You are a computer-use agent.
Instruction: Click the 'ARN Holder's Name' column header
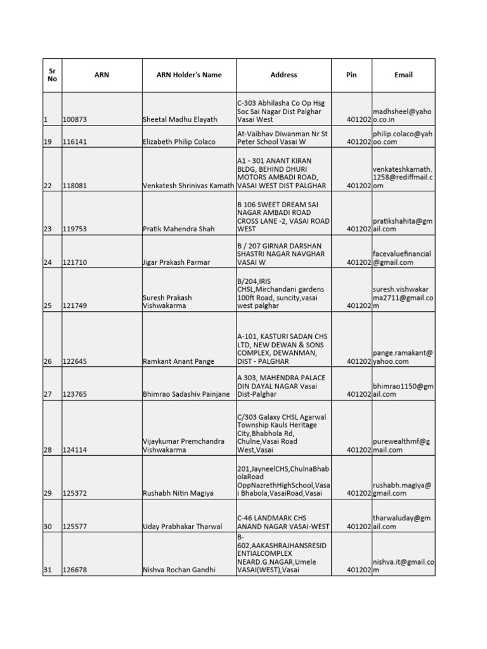(189, 75)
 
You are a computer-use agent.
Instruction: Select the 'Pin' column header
(351, 75)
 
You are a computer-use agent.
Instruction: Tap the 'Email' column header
(403, 75)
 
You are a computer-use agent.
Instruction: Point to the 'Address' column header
(283, 75)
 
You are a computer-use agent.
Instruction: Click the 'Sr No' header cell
(52, 75)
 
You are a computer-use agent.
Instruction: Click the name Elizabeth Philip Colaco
(179, 141)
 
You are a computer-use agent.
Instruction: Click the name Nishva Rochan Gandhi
(179, 570)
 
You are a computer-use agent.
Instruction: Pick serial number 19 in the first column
(48, 141)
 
